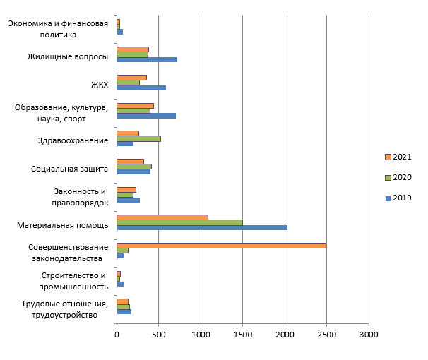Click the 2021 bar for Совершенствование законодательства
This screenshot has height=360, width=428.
pyautogui.click(x=221, y=246)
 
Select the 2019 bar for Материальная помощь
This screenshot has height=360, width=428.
pyautogui.click(x=202, y=227)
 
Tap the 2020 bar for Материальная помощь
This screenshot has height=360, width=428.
pyautogui.click(x=179, y=222)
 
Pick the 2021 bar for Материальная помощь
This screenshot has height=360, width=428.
pyautogui.click(x=162, y=217)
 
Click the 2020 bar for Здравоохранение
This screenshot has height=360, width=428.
pyautogui.click(x=138, y=138)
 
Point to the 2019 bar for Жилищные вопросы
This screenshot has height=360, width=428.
pyautogui.click(x=146, y=59)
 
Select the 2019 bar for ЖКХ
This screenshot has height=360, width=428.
pyautogui.click(x=141, y=88)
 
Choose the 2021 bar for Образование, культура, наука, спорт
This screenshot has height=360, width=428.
pyautogui.click(x=135, y=105)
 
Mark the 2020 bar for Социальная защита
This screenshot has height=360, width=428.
pyautogui.click(x=134, y=167)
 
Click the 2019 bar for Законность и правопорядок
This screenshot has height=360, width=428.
pyautogui.click(x=128, y=200)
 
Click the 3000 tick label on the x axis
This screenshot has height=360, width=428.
pyautogui.click(x=368, y=336)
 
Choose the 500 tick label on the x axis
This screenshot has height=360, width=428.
pyautogui.click(x=158, y=336)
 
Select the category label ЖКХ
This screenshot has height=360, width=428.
pyautogui.click(x=99, y=85)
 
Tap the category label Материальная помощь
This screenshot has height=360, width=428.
pyautogui.click(x=62, y=225)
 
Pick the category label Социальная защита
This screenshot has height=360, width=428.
pyautogui.click(x=69, y=169)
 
